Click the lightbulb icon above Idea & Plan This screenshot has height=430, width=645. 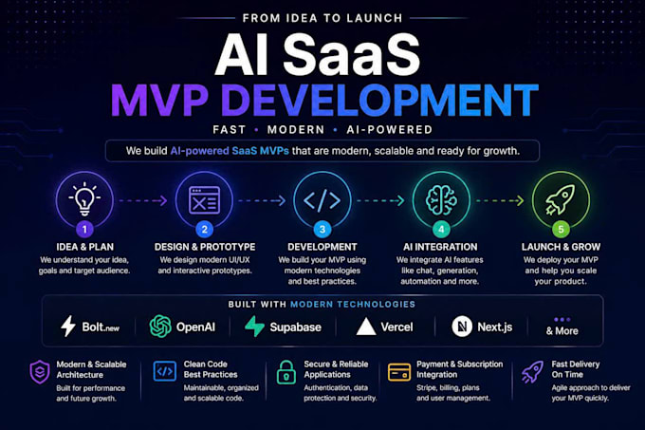84,198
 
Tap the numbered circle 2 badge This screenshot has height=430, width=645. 205,229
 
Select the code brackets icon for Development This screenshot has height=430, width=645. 322,200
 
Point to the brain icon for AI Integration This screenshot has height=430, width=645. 441,200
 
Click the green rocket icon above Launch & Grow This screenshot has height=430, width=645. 561,199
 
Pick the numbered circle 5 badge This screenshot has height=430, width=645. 561,229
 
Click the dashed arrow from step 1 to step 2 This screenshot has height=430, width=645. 143,200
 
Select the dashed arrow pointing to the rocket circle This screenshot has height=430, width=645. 500,200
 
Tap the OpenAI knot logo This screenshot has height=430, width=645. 160,327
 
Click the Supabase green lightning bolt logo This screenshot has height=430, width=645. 254,327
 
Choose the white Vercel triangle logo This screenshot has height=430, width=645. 366,327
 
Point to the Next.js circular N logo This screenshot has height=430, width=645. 462,327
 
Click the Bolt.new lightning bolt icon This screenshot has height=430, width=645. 68,327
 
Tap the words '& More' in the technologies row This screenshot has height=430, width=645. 562,331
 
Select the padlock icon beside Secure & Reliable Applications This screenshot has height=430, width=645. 286,372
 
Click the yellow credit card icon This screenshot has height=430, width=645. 399,372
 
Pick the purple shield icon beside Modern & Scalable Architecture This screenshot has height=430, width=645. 40,372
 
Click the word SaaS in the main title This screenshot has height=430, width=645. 351,55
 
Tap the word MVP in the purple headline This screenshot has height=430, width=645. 159,100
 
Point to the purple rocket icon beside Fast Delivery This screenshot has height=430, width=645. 532,372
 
